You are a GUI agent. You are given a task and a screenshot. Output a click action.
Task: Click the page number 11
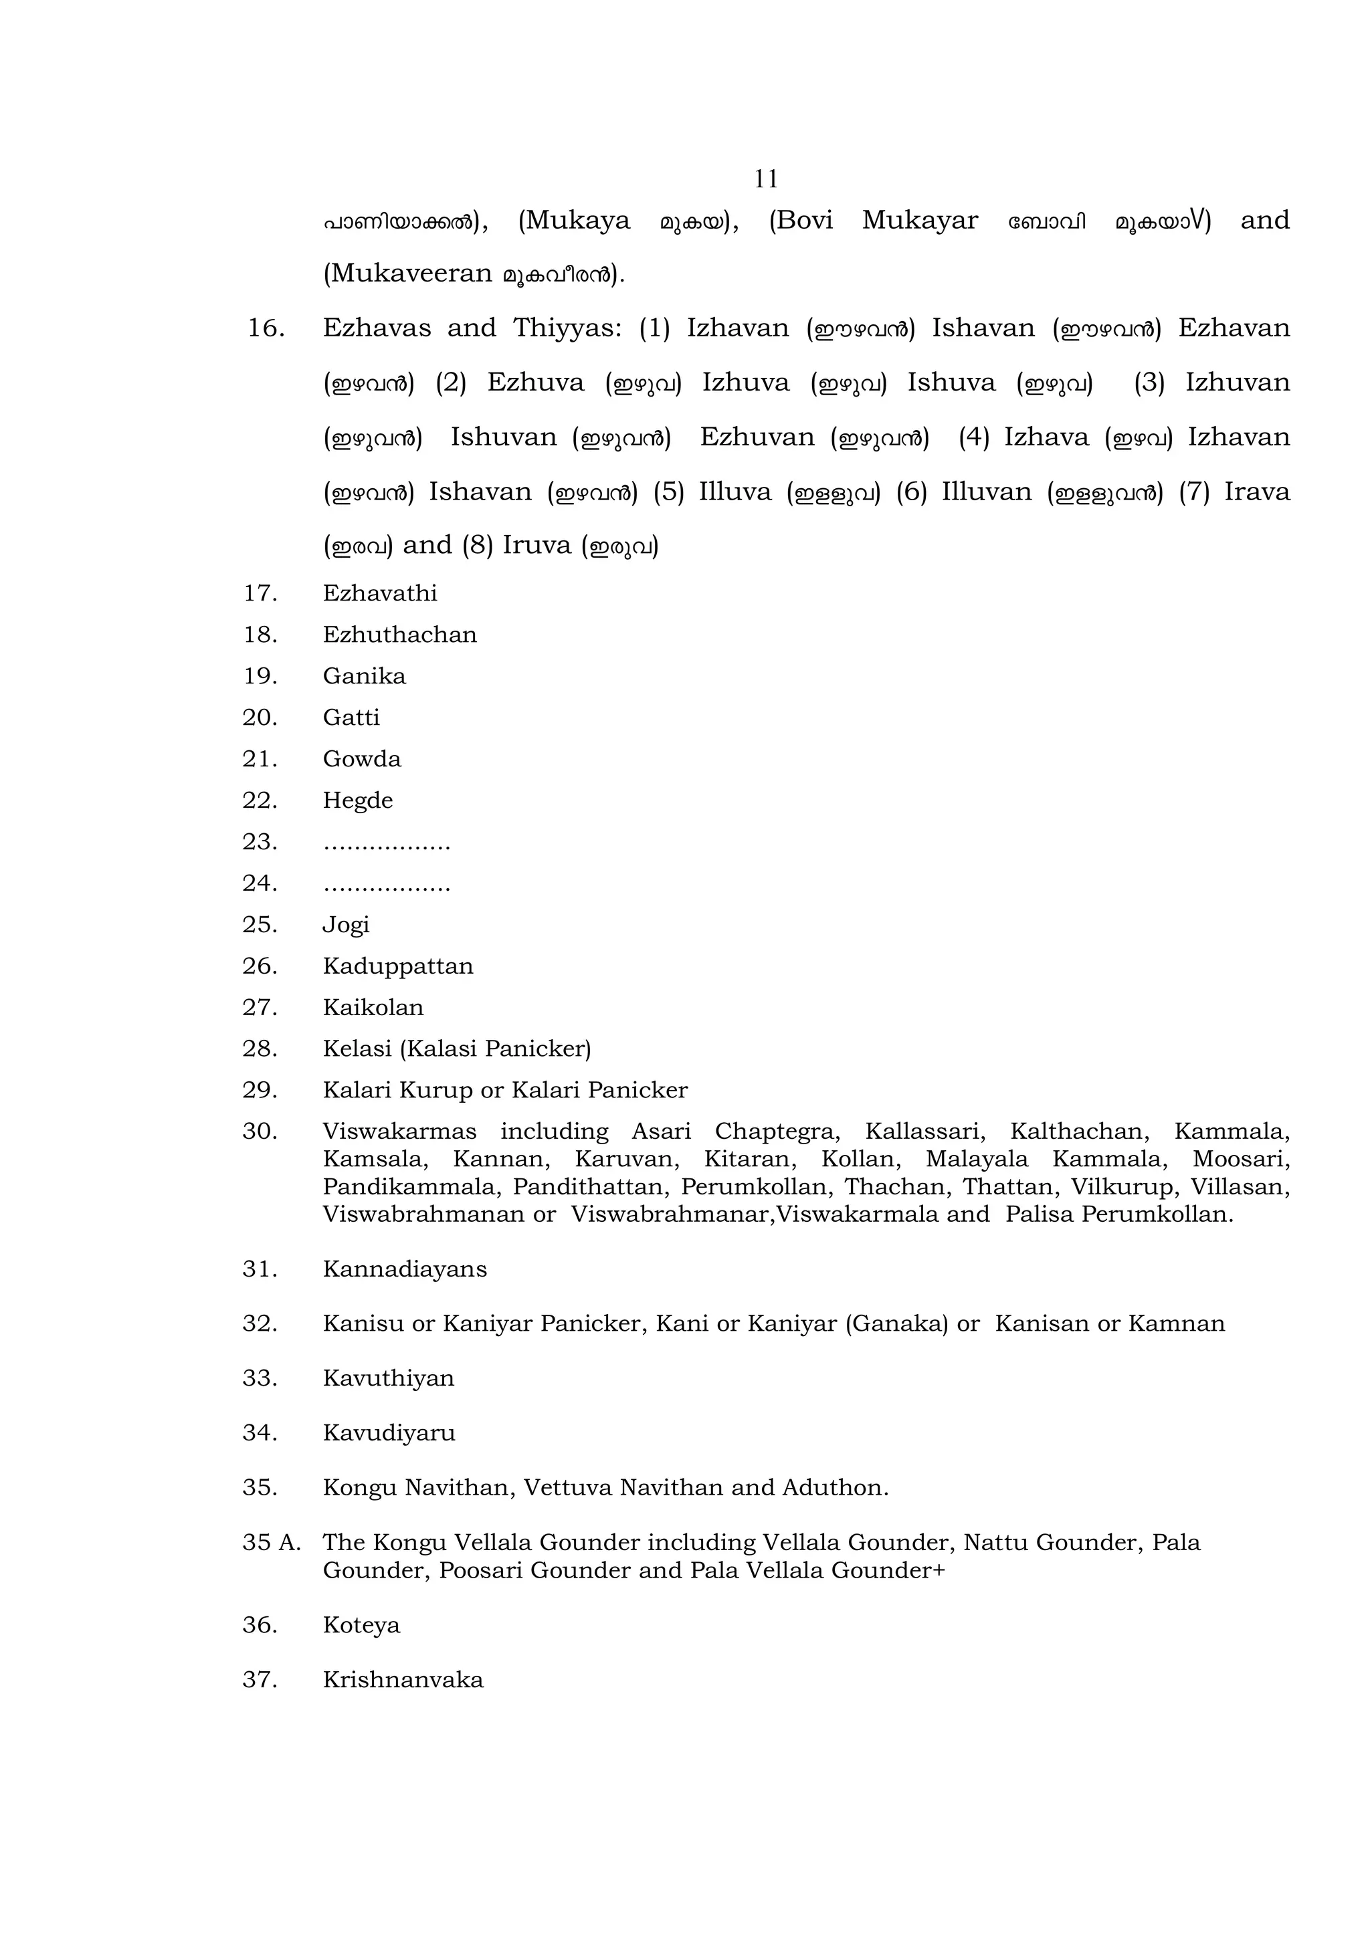(x=766, y=179)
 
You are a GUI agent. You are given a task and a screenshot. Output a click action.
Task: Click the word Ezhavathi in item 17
(x=380, y=593)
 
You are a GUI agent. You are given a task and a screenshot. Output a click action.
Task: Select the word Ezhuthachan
(x=399, y=635)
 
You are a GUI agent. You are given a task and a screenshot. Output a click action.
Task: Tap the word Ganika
(x=364, y=676)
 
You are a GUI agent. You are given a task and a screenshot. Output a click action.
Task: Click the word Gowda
(x=361, y=759)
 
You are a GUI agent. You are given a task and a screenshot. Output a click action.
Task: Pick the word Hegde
(x=357, y=800)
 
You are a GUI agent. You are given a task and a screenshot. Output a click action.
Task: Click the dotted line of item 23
(x=387, y=844)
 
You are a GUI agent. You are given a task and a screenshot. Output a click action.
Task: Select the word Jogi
(x=346, y=925)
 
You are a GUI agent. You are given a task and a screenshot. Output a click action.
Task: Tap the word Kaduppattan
(x=397, y=966)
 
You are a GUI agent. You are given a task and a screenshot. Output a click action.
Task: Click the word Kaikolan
(x=373, y=1007)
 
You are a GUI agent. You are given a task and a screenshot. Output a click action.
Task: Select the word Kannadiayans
(x=404, y=1269)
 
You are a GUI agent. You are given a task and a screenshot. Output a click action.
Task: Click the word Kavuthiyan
(x=388, y=1378)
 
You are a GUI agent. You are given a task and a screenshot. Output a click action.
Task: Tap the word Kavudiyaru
(x=388, y=1433)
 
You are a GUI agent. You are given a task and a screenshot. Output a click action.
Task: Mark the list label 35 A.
(x=271, y=1543)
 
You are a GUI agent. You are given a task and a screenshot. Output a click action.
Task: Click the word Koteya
(x=361, y=1626)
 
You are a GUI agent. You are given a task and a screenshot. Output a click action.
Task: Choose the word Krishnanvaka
(x=403, y=1680)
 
